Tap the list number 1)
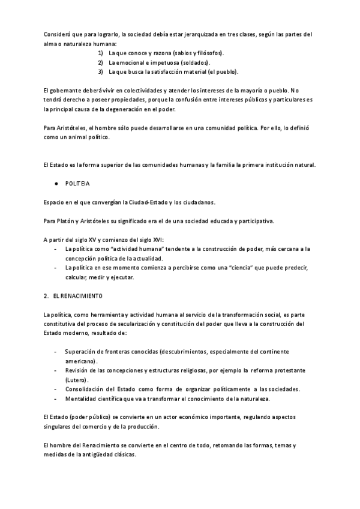tap(101, 53)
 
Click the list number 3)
tap(101, 72)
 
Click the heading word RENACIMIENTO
tap(78, 296)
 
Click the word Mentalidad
tap(83, 399)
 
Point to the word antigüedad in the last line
tap(96, 454)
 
